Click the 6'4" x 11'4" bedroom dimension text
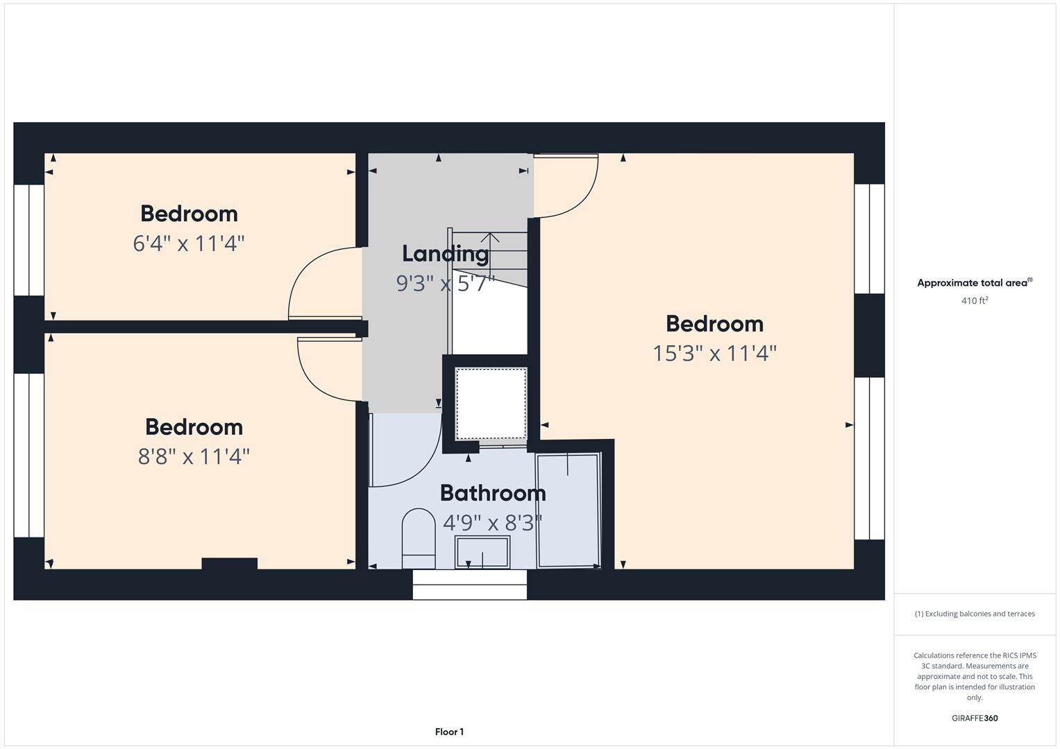click(x=189, y=244)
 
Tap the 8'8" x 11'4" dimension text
click(x=194, y=457)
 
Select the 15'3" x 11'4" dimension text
click(x=714, y=354)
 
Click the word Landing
click(x=445, y=254)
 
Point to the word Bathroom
click(x=493, y=493)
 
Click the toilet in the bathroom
click(x=419, y=538)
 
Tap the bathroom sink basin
click(x=482, y=552)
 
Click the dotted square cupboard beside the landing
click(x=491, y=403)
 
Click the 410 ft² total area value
click(x=975, y=301)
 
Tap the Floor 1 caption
click(x=449, y=732)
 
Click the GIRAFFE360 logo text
click(x=975, y=718)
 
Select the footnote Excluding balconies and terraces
click(x=975, y=614)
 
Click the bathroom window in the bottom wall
click(x=470, y=585)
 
